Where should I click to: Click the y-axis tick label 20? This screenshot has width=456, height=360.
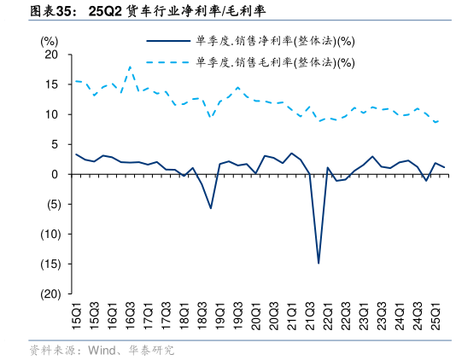[51, 55]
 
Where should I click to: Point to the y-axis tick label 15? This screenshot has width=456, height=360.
[51, 84]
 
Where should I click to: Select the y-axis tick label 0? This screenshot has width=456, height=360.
[55, 174]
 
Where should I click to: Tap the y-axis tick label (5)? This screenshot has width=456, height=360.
[50, 204]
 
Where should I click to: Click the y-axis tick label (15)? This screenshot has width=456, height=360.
[47, 264]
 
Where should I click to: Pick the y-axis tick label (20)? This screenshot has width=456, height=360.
[47, 293]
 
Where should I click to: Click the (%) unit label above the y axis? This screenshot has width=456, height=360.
[50, 40]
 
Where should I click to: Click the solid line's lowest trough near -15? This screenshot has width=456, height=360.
[319, 263]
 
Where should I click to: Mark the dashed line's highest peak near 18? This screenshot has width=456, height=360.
[130, 67]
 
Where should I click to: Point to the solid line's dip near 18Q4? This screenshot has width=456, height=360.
[211, 207]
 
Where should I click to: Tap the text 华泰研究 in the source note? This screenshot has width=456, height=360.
[151, 350]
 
